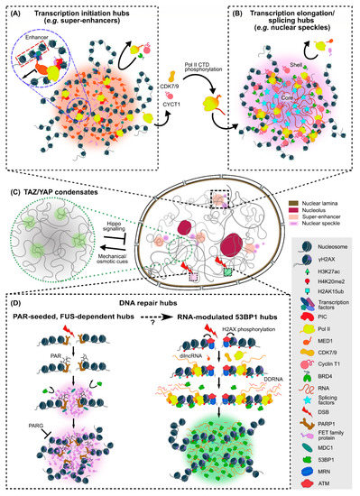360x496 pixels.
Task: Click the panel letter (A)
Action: [x=13, y=12]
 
